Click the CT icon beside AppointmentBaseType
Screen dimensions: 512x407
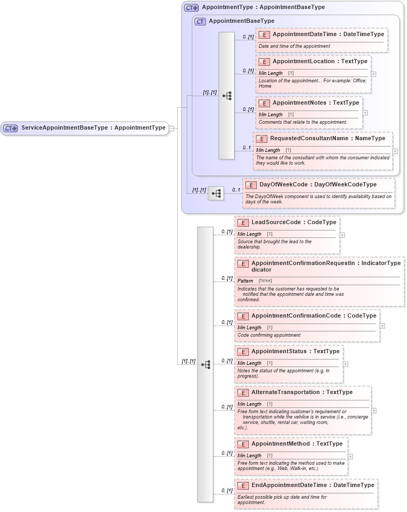pos(200,21)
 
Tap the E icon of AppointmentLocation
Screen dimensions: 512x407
pos(264,62)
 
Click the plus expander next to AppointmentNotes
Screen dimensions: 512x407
pos(365,113)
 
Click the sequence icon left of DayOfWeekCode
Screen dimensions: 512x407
pos(216,194)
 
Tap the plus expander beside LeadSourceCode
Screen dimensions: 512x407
pos(342,234)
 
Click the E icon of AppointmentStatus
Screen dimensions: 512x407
pos(243,352)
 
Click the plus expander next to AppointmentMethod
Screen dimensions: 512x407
pos(350,456)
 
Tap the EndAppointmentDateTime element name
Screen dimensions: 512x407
pos(313,485)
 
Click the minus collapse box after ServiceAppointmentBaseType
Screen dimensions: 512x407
pos(172,128)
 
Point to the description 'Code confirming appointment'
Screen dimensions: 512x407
pos(269,335)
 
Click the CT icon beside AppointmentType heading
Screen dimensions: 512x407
pos(192,8)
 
